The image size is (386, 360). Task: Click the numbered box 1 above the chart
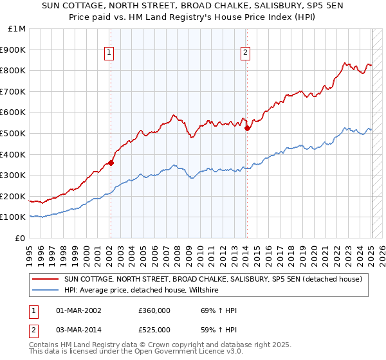point(109,53)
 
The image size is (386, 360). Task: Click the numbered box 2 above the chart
point(246,53)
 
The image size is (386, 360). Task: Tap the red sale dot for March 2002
point(111,163)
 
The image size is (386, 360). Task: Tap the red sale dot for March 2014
point(247,128)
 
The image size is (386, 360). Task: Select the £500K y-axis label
point(15,134)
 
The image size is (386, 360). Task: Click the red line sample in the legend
point(45,280)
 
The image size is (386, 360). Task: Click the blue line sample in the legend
point(45,291)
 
